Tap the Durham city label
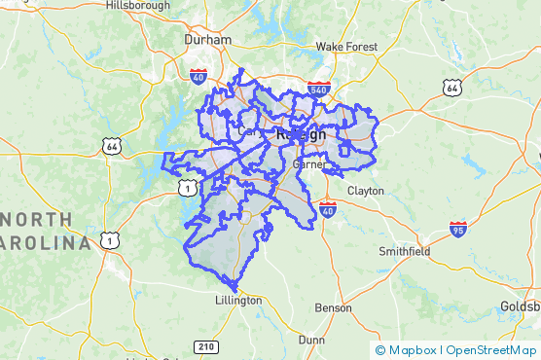pyautogui.click(x=207, y=40)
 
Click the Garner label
pyautogui.click(x=309, y=164)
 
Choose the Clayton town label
pyautogui.click(x=365, y=191)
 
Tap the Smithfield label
pyautogui.click(x=404, y=251)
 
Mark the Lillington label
pyautogui.click(x=238, y=301)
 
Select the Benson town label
pyautogui.click(x=333, y=307)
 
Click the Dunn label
pyautogui.click(x=311, y=340)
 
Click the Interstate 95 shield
pyautogui.click(x=458, y=230)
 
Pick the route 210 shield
pyautogui.click(x=205, y=346)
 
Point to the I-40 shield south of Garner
pyautogui.click(x=327, y=209)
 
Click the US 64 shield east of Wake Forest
pyautogui.click(x=451, y=88)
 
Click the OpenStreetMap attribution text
pyautogui.click(x=490, y=350)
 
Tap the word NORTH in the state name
pyautogui.click(x=33, y=218)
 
